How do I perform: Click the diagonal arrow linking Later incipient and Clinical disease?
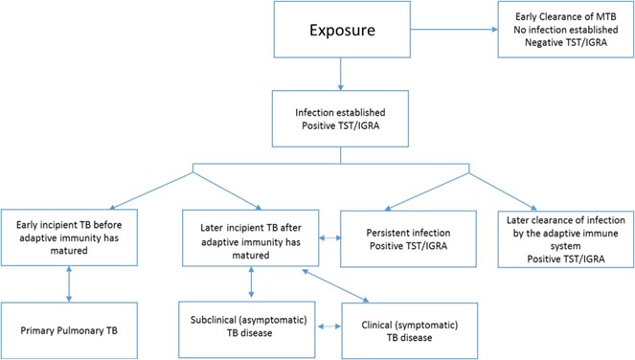(335, 285)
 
